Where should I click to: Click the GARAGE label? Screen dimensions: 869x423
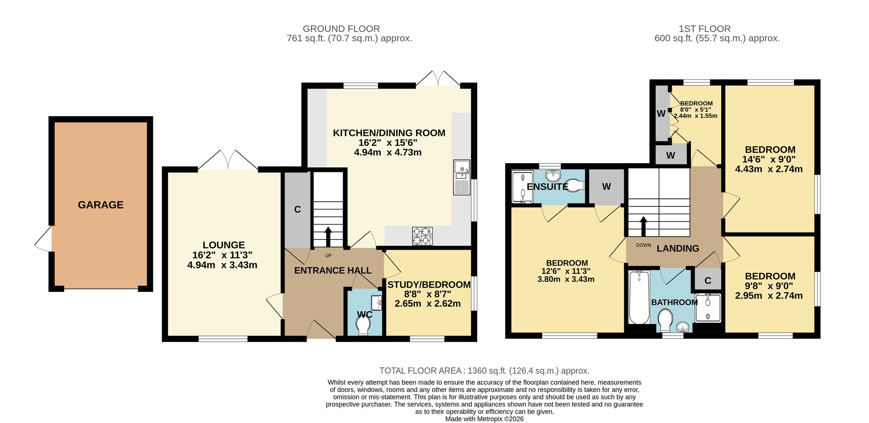coord(100,205)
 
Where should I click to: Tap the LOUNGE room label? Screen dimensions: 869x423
coord(224,245)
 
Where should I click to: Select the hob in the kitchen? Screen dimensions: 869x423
coord(422,236)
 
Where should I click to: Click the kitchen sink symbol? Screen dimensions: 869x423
coord(461,177)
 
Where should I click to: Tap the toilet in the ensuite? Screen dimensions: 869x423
coord(574,186)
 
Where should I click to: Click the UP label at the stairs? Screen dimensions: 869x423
coord(328,256)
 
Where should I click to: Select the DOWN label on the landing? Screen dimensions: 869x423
coord(643,245)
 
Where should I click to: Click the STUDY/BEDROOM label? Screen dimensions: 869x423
coord(429,285)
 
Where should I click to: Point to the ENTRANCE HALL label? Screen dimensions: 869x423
coord(333,271)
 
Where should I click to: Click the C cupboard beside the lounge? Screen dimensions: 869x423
coord(298,210)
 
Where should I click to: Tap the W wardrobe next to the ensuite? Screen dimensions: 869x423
coord(607,187)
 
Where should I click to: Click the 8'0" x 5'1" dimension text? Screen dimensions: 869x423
coord(696,110)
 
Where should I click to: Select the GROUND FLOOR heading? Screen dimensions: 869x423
coord(342,29)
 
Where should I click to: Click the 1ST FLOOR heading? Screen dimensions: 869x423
coord(705,29)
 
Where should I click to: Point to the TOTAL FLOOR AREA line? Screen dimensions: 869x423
coord(484,371)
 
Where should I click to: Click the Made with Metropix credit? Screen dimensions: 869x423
coord(484,419)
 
